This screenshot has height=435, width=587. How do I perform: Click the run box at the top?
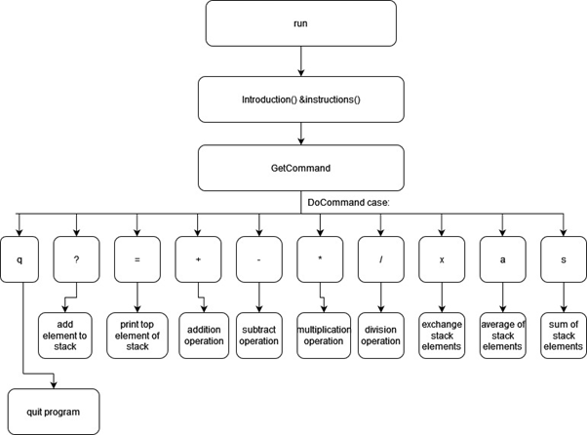[300, 23]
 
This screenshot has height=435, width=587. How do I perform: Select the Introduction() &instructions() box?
[300, 100]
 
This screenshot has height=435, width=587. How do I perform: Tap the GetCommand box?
[300, 168]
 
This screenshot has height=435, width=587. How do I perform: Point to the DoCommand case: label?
[348, 202]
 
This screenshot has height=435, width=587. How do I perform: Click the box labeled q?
[19, 260]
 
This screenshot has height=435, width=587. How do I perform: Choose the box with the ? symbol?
[76, 260]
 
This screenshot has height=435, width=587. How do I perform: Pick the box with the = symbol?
[137, 260]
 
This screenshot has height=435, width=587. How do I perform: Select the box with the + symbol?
[199, 260]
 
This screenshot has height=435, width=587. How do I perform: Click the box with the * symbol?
[320, 260]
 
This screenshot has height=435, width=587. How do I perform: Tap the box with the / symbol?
[380, 260]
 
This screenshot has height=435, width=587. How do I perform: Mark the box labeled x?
[442, 260]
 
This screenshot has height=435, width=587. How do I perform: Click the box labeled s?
[563, 260]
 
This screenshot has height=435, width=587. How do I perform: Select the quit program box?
[54, 412]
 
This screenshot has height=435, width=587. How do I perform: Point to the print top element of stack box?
[137, 334]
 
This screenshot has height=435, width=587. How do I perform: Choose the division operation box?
[380, 334]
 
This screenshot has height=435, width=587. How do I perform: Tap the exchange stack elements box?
[442, 334]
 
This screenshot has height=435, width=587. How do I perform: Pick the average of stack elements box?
[502, 334]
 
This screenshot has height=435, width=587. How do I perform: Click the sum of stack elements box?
[563, 334]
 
